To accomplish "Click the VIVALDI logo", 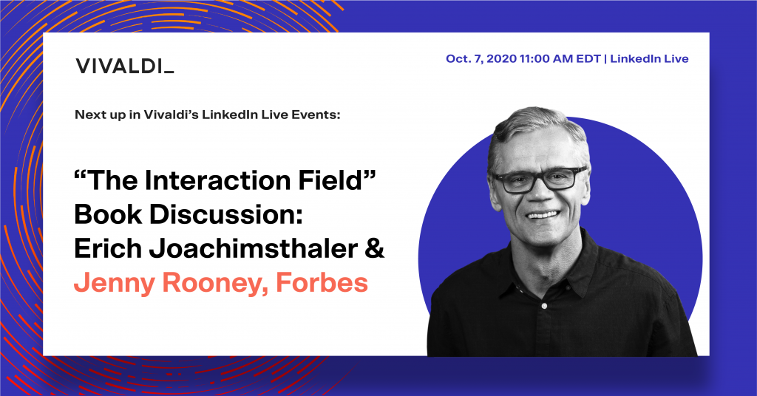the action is [124, 66].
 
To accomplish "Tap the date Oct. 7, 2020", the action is [481, 59].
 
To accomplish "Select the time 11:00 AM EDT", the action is [560, 59].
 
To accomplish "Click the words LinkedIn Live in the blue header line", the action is [649, 59].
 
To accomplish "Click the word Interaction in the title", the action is [217, 180].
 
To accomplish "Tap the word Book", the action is [108, 214].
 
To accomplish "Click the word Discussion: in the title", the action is [226, 214].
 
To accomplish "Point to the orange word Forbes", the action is [322, 282].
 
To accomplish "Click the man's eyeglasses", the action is [540, 180].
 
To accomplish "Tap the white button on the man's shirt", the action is [545, 306].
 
